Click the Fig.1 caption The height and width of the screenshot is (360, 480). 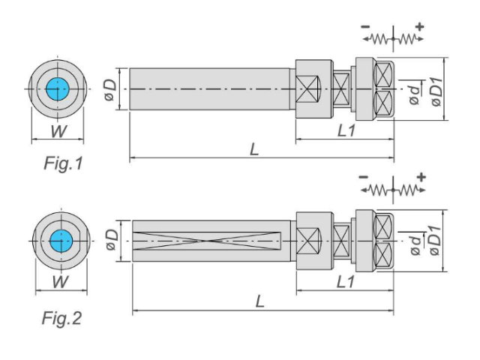pyautogui.click(x=63, y=163)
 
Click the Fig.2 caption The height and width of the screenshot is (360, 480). pyautogui.click(x=62, y=318)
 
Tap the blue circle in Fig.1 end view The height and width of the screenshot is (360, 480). pyautogui.click(x=58, y=89)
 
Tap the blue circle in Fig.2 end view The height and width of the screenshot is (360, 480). pyautogui.click(x=61, y=241)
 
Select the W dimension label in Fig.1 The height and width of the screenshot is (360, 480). pyautogui.click(x=58, y=131)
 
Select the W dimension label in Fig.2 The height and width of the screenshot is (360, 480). pyautogui.click(x=60, y=282)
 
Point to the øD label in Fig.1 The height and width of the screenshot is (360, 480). pyautogui.click(x=110, y=90)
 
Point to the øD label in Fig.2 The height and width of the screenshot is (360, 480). pyautogui.click(x=112, y=240)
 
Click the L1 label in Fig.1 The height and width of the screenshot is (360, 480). pyautogui.click(x=346, y=131)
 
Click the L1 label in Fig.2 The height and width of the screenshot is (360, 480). pyautogui.click(x=346, y=282)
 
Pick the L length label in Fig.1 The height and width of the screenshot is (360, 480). pyautogui.click(x=254, y=150)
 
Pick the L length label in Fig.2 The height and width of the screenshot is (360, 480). pyautogui.click(x=259, y=301)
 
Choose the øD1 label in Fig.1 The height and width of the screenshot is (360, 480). pyautogui.click(x=437, y=91)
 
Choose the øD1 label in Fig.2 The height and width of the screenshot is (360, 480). pyautogui.click(x=435, y=241)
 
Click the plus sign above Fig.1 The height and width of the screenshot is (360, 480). pyautogui.click(x=420, y=27)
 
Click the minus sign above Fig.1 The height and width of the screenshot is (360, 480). pyautogui.click(x=365, y=27)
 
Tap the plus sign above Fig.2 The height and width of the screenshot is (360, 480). pyautogui.click(x=421, y=177)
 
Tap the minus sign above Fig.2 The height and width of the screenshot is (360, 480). pyautogui.click(x=363, y=177)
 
